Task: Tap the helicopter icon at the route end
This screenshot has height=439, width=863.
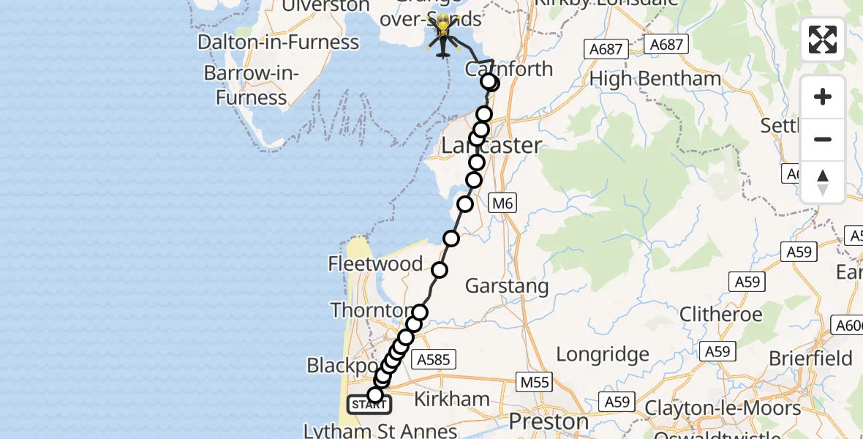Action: click(443, 36)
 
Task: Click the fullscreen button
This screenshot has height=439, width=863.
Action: click(823, 40)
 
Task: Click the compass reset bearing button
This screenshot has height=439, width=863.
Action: click(823, 182)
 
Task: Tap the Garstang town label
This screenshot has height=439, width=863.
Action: click(507, 286)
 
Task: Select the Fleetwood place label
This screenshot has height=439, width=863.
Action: click(376, 263)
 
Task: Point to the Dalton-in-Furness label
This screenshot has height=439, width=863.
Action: click(279, 42)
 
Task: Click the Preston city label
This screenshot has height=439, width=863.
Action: click(549, 422)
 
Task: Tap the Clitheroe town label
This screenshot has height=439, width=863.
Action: click(721, 315)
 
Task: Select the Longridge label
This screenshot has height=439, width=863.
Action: click(603, 355)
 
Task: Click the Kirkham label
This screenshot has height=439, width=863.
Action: click(451, 399)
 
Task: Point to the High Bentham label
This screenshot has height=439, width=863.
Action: click(655, 78)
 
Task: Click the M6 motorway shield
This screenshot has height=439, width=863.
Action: click(502, 203)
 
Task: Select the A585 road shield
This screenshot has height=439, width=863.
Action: click(434, 359)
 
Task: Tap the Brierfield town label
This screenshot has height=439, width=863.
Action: click(810, 359)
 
